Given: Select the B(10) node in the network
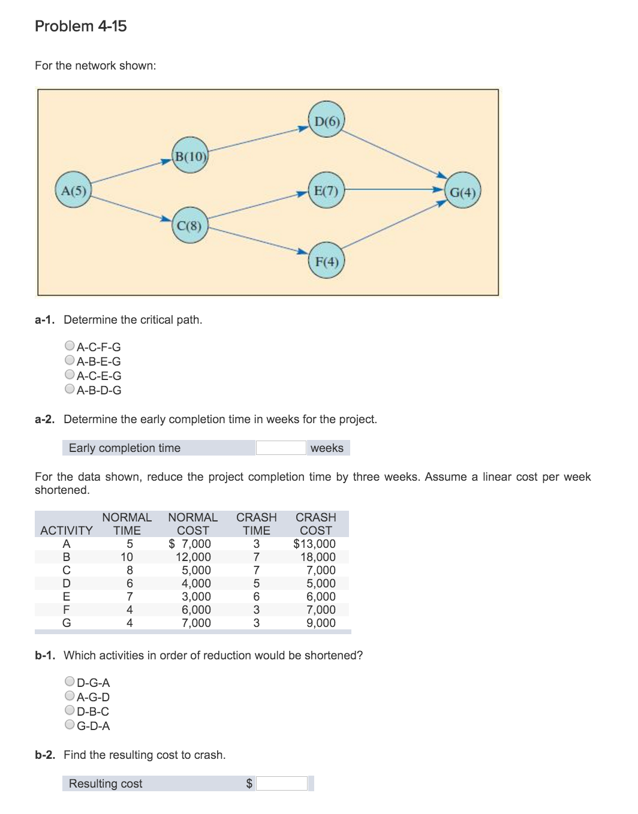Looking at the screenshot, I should coord(190,156).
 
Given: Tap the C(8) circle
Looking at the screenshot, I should coord(190,225).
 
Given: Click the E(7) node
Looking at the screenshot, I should coord(327,190).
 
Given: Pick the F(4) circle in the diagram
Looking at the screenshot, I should coord(327,261).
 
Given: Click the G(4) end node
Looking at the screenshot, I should coord(463,191).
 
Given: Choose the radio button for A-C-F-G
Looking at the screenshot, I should coord(70,346).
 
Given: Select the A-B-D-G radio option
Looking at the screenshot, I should coord(70,389).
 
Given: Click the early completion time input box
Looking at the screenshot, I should coord(281,448).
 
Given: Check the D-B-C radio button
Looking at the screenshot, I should coord(70,710).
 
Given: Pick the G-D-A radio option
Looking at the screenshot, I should coord(70,725).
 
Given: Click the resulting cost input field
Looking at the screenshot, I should coord(282,783).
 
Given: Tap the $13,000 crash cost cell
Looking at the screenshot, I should coord(314,544).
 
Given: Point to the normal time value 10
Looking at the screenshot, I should coord(127,557).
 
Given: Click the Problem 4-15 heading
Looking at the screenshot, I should coord(81,26).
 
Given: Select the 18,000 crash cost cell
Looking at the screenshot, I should coord(318,557).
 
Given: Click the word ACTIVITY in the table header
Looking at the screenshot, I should coord(67,530).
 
